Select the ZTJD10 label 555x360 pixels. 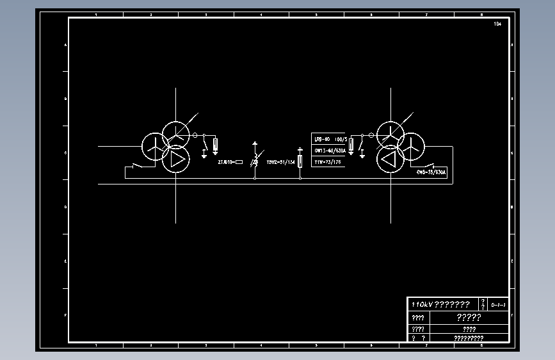[x=226, y=162]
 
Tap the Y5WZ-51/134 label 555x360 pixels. [x=280, y=162]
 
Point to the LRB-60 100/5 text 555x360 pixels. [x=330, y=139]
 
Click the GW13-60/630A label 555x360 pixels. [x=330, y=151]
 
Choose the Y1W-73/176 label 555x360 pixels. [x=328, y=163]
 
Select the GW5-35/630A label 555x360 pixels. [x=431, y=172]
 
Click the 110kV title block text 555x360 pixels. [x=441, y=304]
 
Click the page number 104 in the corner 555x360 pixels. [x=497, y=24]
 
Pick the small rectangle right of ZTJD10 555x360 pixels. [x=239, y=162]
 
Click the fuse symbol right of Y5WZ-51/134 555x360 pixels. [x=300, y=161]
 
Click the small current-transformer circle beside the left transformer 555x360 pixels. [x=195, y=135]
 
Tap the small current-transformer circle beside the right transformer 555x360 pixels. [x=362, y=135]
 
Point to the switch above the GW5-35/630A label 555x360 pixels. [x=435, y=165]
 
